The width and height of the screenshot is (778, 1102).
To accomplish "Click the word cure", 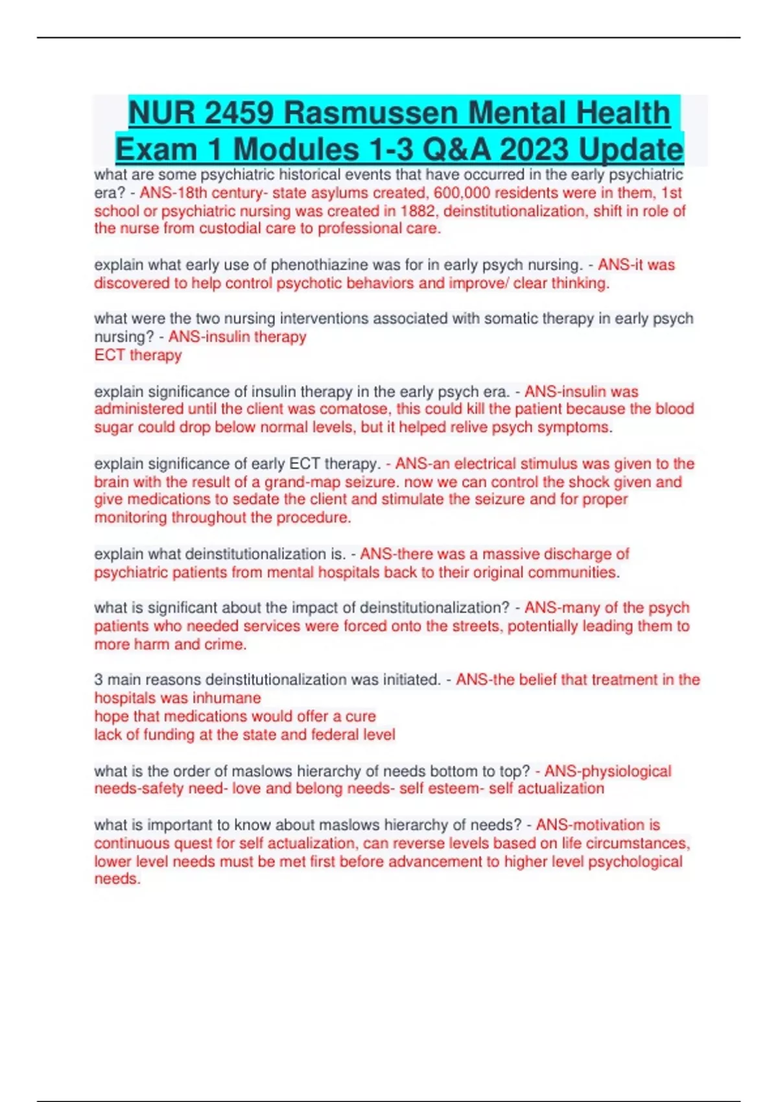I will (x=362, y=716).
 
